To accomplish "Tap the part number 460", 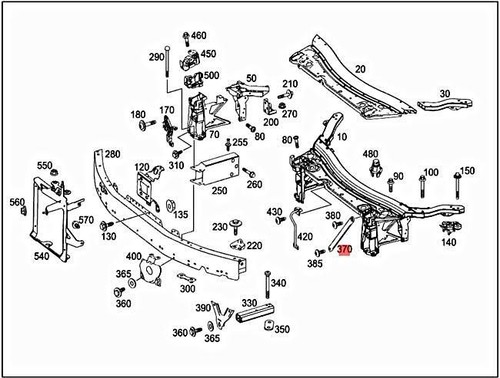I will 199,36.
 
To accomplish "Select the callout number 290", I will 157,57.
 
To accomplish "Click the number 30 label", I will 445,93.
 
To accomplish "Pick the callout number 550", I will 45,165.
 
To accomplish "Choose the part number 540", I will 41,256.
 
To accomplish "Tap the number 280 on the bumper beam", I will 111,154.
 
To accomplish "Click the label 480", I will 370,154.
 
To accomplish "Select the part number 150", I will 467,171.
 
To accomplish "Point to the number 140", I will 448,242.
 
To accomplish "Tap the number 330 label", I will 248,302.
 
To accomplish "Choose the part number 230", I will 220,227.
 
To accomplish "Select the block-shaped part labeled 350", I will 268,328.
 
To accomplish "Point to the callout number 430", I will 276,212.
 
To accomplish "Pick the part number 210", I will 290,84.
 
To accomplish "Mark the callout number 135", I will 180,215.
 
